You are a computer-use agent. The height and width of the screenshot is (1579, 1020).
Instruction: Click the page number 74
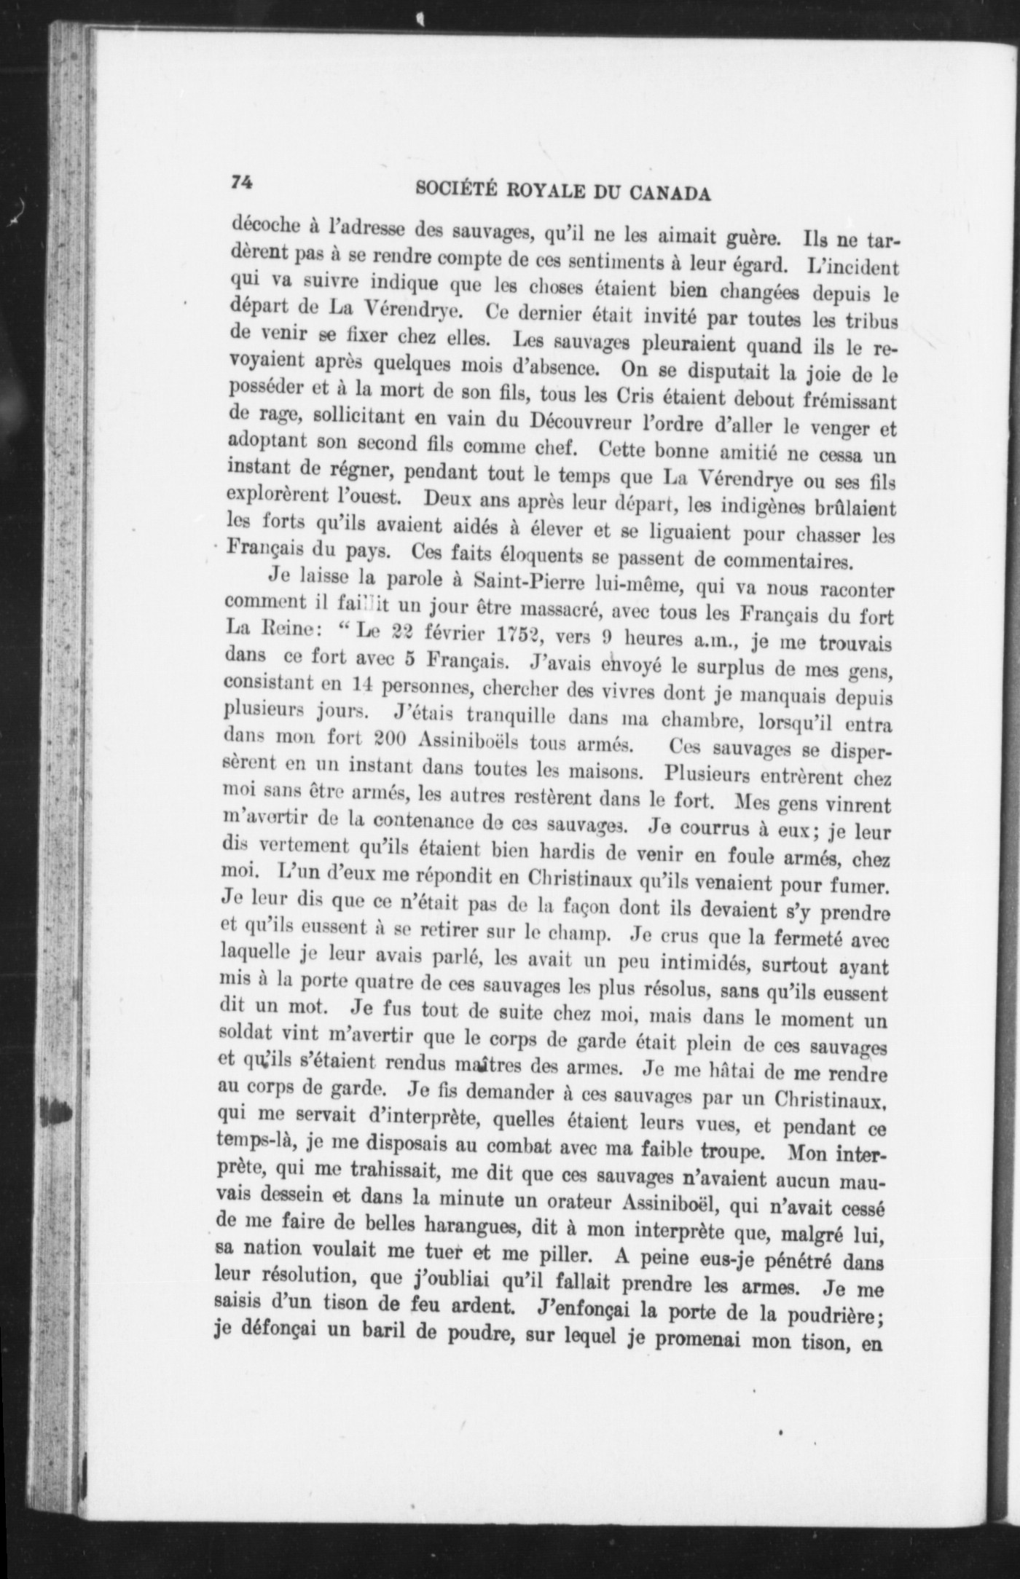coord(241,183)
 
